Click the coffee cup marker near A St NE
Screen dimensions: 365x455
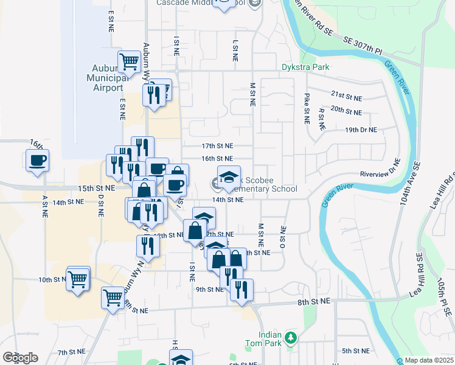tap(38, 161)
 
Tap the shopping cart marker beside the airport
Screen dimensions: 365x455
tap(129, 61)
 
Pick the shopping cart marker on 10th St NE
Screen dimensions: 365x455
tap(78, 280)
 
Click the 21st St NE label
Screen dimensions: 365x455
tap(346, 96)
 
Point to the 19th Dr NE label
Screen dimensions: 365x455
tap(361, 130)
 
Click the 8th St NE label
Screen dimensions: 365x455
tap(313, 300)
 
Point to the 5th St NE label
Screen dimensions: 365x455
tap(356, 351)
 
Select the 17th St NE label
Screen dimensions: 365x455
tap(217, 146)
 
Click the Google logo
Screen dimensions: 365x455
tap(20, 357)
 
